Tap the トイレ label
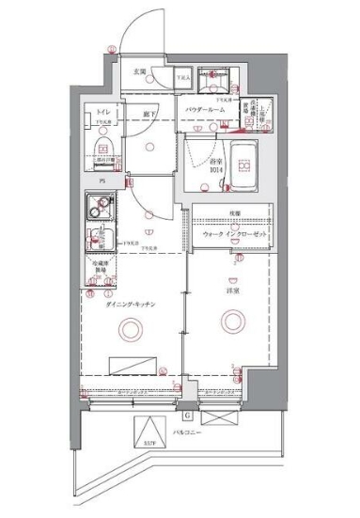click(101, 113)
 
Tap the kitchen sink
click(101, 236)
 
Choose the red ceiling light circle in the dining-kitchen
click(128, 329)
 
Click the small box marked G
click(187, 415)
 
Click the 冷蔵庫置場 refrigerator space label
click(100, 267)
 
